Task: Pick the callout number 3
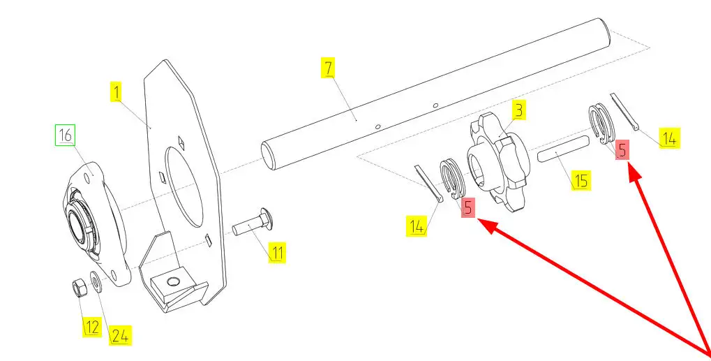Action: coord(519,110)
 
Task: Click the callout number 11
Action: coord(278,252)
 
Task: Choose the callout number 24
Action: coord(120,336)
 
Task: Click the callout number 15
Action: coord(581,181)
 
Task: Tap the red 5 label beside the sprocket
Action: coord(468,207)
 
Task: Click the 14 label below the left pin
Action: coord(417,226)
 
